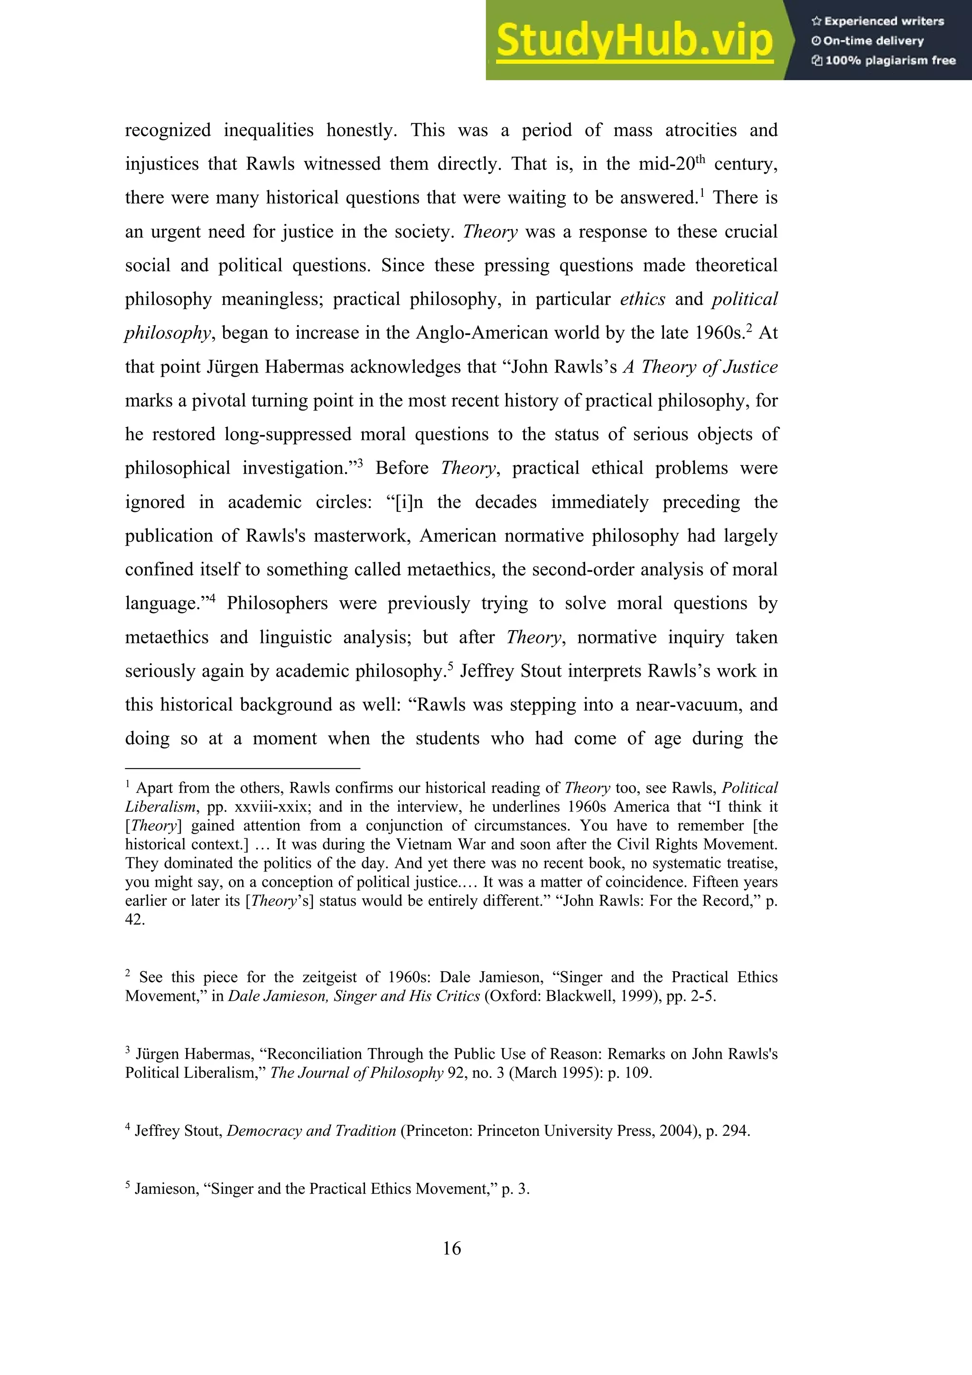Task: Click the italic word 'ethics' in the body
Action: tap(642, 299)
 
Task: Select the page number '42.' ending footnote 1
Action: tap(135, 920)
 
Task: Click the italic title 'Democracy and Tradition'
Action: tap(311, 1131)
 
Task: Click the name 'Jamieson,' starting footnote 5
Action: tap(167, 1189)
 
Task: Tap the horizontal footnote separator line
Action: tap(243, 768)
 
